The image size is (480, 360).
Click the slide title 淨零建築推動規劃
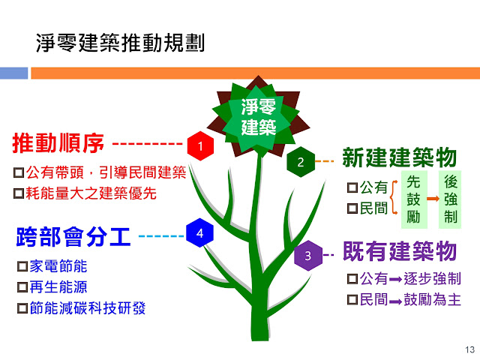(x=120, y=43)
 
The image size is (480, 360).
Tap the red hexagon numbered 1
(x=200, y=146)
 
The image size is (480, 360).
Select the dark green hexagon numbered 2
(x=301, y=162)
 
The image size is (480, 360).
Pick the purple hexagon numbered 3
(x=308, y=255)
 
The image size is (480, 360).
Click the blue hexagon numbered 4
(x=200, y=233)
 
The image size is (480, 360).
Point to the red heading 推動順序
(x=58, y=143)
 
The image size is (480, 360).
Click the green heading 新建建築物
(x=400, y=157)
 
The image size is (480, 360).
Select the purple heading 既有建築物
(x=400, y=251)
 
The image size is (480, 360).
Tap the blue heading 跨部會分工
(x=73, y=237)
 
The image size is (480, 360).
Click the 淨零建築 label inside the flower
(x=259, y=117)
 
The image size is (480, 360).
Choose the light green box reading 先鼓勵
(x=414, y=199)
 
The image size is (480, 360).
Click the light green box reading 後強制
(x=450, y=199)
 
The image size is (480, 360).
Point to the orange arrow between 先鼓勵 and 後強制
(x=433, y=199)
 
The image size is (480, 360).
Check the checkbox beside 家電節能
(x=22, y=266)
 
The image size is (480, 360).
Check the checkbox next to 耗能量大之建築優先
(x=19, y=193)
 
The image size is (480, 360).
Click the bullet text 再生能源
(x=58, y=287)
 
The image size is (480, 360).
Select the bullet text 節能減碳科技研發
(x=88, y=308)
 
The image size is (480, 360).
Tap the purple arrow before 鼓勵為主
(x=395, y=301)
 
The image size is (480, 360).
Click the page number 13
(x=469, y=349)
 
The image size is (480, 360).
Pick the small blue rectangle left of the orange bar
(x=13, y=73)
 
